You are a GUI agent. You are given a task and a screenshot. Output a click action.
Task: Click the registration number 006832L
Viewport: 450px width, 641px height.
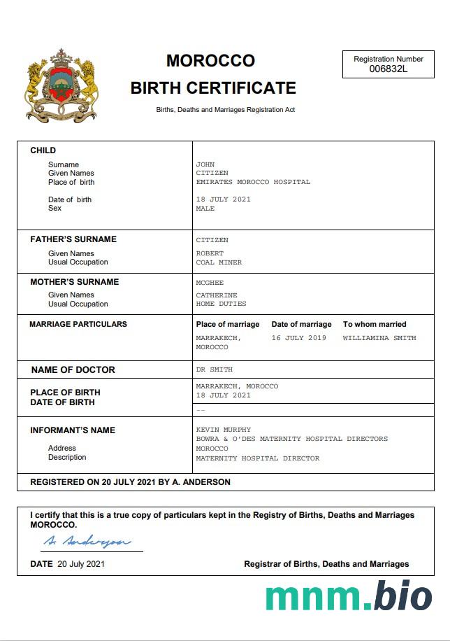[388, 69]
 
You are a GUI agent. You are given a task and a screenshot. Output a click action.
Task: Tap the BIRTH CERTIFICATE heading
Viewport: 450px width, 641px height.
[213, 88]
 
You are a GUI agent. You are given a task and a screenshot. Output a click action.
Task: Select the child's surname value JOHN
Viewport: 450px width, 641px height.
[205, 164]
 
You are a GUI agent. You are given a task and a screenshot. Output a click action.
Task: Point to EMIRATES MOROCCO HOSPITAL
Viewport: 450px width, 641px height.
[253, 182]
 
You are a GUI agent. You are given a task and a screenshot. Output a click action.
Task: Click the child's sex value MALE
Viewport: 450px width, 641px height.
[205, 209]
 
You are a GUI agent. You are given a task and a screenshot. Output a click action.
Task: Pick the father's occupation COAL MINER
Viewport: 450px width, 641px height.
[219, 262]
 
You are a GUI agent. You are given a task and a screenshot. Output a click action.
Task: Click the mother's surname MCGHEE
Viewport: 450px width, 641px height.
[210, 283]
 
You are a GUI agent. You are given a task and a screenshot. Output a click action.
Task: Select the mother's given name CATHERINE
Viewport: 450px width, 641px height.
[217, 295]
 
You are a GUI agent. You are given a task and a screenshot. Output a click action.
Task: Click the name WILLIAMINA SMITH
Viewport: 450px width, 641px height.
[379, 338]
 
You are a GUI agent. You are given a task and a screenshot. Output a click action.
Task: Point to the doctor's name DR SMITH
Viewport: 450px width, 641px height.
[214, 369]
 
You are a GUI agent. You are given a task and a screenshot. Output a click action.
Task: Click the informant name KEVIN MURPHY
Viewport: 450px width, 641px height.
[223, 430]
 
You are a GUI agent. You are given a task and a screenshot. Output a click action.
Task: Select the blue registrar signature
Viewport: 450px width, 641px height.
[87, 541]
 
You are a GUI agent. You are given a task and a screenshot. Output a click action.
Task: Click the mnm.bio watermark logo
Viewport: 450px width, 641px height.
[348, 596]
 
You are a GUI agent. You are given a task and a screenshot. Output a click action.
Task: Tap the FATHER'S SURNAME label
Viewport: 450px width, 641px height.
[73, 239]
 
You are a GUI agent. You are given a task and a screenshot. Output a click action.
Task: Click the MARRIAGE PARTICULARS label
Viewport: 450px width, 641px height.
[78, 325]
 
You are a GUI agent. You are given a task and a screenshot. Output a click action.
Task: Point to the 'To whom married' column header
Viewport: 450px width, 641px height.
[375, 325]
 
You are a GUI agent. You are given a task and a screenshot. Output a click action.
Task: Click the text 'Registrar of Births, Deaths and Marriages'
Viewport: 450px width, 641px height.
[326, 564]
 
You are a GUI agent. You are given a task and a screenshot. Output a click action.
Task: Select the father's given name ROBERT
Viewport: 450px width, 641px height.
[210, 253]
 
